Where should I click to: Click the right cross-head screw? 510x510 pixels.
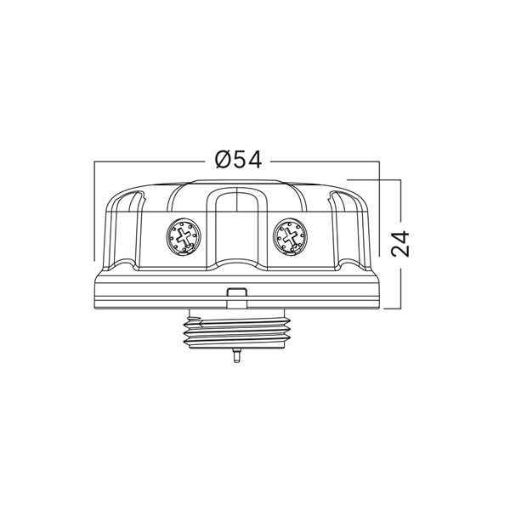[x=289, y=235]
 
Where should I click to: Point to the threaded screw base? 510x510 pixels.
[x=236, y=331]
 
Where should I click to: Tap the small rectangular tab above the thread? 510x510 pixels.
[x=236, y=295]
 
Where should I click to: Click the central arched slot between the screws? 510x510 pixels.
[x=237, y=225]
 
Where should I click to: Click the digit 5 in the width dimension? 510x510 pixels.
[x=238, y=160]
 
